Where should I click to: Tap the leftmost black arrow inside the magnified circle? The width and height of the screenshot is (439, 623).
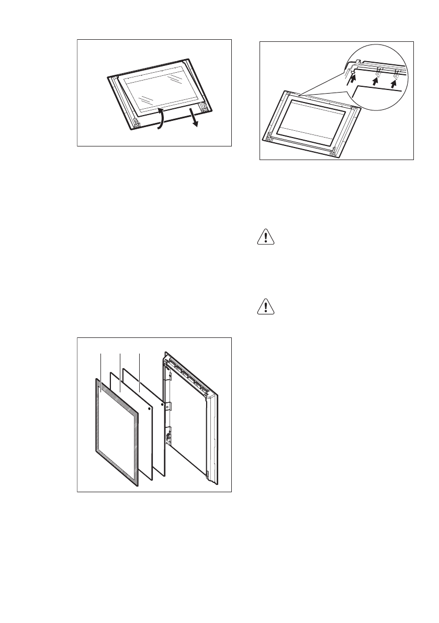click(x=353, y=79)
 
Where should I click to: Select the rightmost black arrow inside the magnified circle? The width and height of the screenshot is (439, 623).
click(x=394, y=81)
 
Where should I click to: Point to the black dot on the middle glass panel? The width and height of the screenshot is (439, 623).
click(x=150, y=408)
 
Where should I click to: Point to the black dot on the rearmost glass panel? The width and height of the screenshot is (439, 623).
click(x=163, y=404)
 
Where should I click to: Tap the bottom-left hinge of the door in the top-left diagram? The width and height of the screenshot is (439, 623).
click(x=137, y=123)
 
